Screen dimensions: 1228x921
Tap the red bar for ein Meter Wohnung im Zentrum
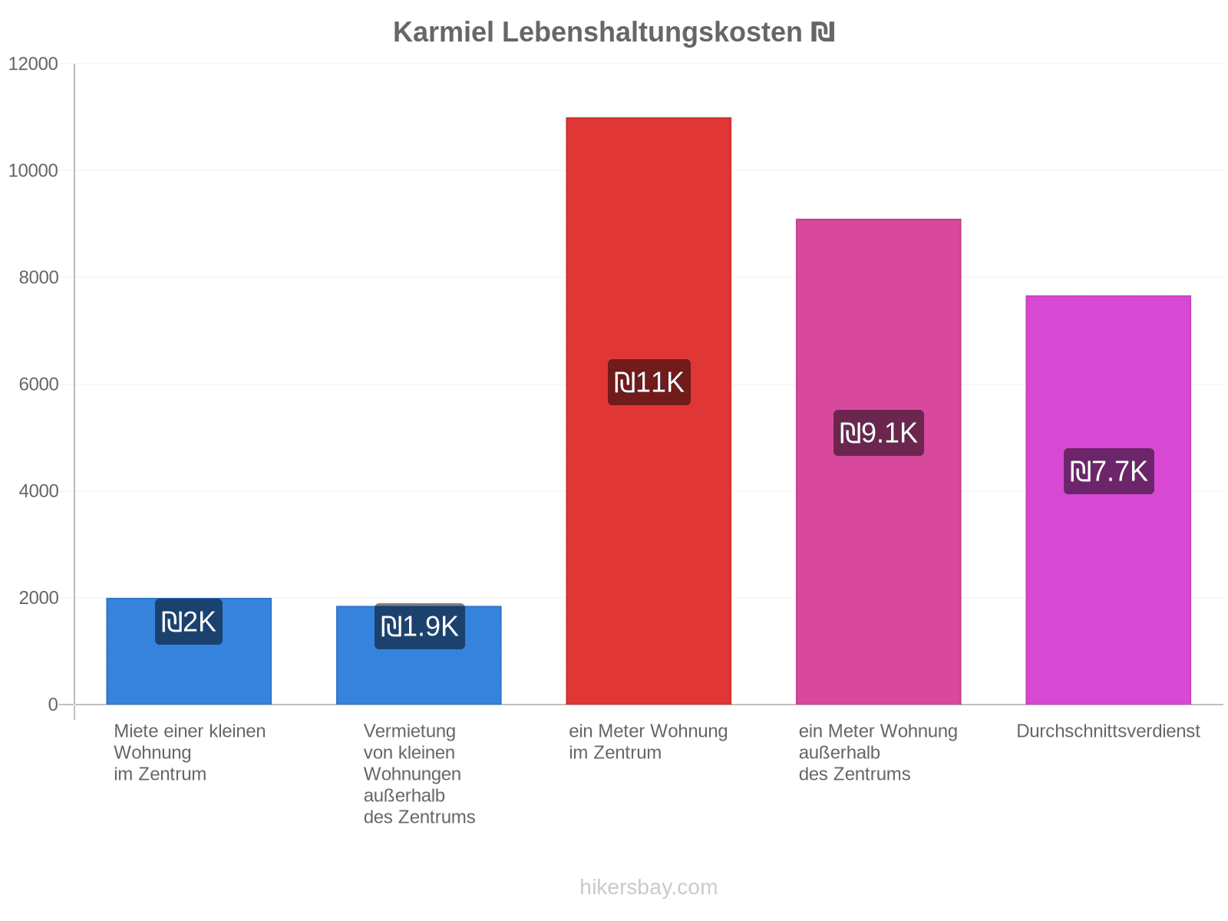pyautogui.click(x=649, y=411)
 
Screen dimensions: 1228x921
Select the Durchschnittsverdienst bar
pyautogui.click(x=1108, y=500)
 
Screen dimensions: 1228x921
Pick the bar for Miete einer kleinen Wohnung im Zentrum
pyautogui.click(x=189, y=652)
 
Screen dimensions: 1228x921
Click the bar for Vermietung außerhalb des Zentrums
pyautogui.click(x=418, y=655)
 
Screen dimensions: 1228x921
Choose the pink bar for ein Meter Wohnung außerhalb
pyautogui.click(x=878, y=462)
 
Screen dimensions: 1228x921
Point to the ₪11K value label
pyautogui.click(x=649, y=382)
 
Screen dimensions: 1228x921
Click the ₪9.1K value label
pyautogui.click(x=878, y=433)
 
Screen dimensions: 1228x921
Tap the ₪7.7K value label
pyautogui.click(x=1108, y=471)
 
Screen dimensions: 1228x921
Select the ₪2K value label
pyautogui.click(x=189, y=622)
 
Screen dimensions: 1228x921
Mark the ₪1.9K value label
pyautogui.click(x=420, y=626)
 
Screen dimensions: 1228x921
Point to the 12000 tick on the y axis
pyautogui.click(x=33, y=64)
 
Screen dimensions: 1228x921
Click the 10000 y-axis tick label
pyautogui.click(x=33, y=170)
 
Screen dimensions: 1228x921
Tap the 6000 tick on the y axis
pyautogui.click(x=38, y=385)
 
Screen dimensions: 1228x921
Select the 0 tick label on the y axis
pyautogui.click(x=53, y=705)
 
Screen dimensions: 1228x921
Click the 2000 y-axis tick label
pyautogui.click(x=38, y=598)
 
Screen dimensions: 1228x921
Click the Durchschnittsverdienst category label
pyautogui.click(x=1108, y=731)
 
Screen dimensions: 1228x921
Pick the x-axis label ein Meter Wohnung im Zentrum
pyautogui.click(x=648, y=741)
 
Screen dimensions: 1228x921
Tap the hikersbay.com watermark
pyautogui.click(x=649, y=887)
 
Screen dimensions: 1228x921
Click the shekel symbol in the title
pyautogui.click(x=823, y=32)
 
